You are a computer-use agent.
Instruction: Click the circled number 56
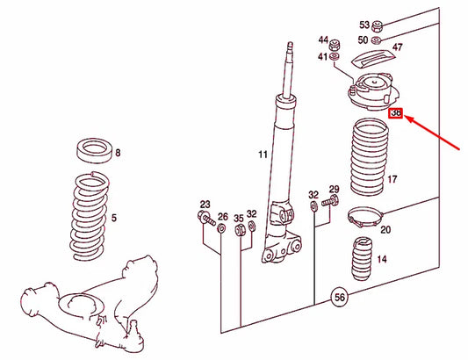click(x=339, y=298)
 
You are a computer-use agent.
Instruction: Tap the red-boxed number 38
click(x=396, y=113)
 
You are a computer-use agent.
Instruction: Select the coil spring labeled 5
click(x=90, y=215)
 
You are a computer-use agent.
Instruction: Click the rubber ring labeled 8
click(x=95, y=150)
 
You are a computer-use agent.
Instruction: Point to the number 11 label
click(x=263, y=155)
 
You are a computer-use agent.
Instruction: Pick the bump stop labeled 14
click(x=362, y=258)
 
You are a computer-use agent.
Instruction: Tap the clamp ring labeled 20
click(x=365, y=217)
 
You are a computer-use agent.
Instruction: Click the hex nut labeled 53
click(x=378, y=26)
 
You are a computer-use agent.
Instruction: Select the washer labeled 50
click(x=376, y=40)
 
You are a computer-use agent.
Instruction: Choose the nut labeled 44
click(x=335, y=46)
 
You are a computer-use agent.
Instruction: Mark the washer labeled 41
click(x=334, y=56)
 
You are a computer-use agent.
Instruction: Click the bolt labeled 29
click(x=330, y=200)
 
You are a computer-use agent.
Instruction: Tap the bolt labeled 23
click(x=206, y=219)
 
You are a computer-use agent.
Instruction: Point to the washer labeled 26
click(x=221, y=228)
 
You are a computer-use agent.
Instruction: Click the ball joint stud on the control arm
click(x=133, y=328)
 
